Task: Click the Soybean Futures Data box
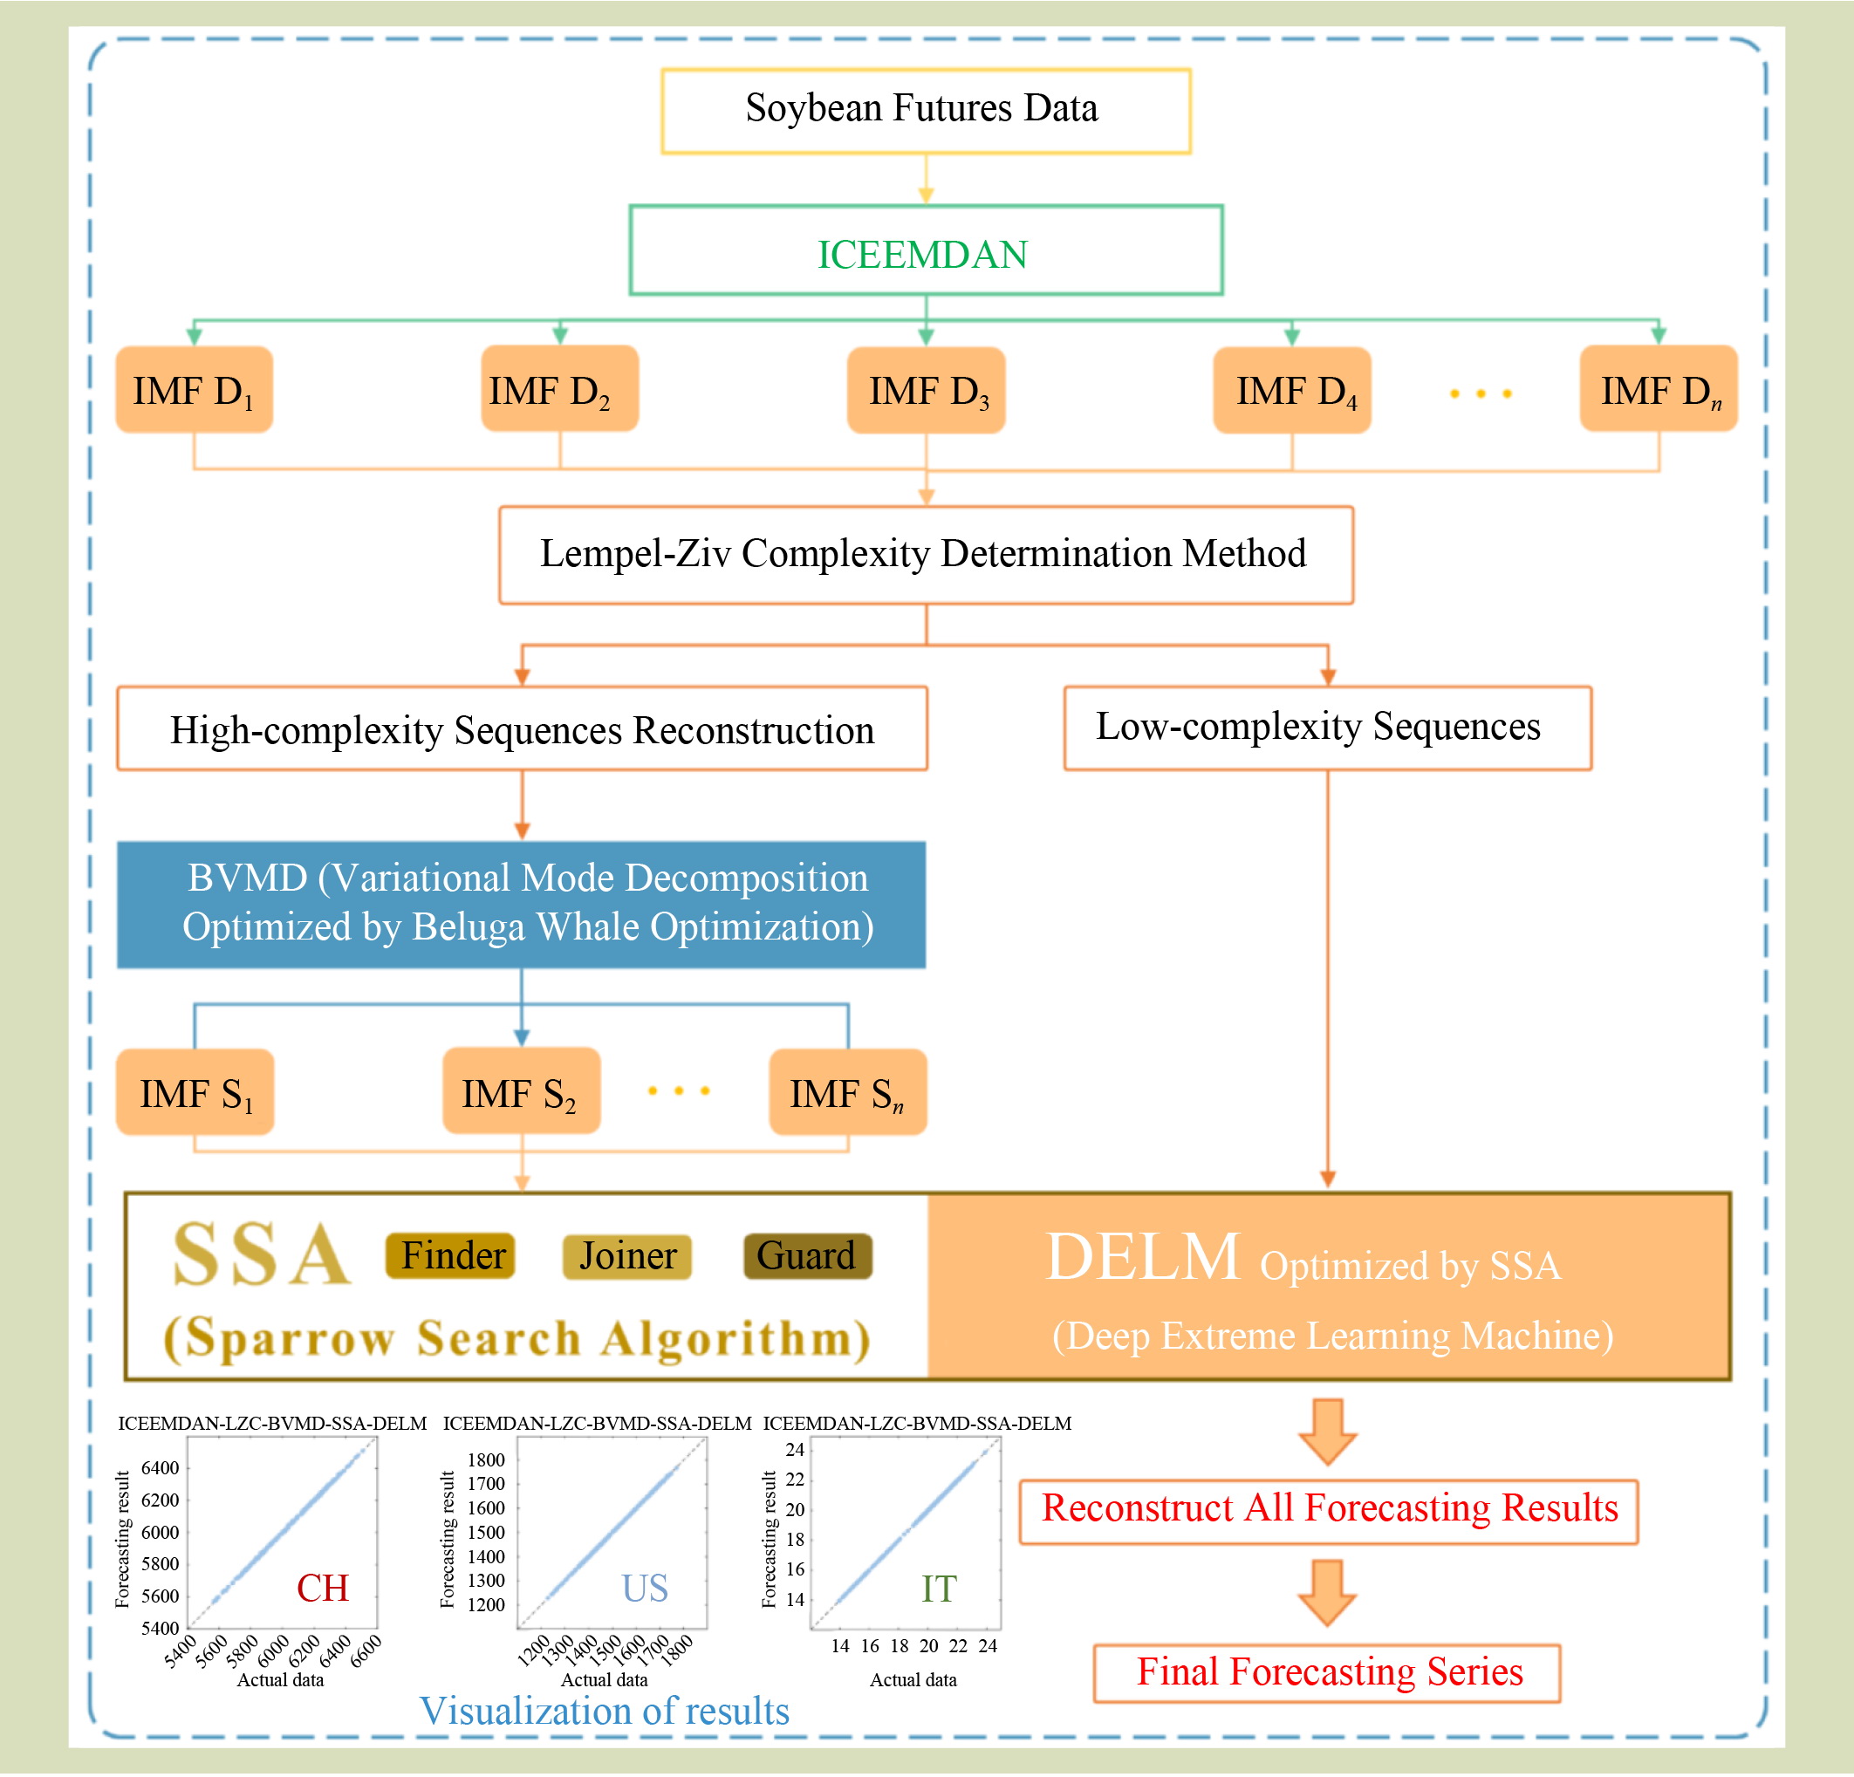point(925,110)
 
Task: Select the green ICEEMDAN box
point(925,250)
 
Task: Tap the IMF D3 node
point(925,390)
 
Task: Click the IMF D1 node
point(194,389)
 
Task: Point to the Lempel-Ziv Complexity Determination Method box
point(925,555)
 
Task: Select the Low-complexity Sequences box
point(1327,728)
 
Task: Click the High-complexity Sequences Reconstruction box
point(521,728)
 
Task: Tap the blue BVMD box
point(521,904)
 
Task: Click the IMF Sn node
point(847,1091)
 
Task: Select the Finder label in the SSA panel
point(450,1256)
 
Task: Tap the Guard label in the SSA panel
point(807,1256)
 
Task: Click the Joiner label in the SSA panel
point(627,1256)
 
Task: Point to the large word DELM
point(1142,1257)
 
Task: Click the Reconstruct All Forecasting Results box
point(1328,1510)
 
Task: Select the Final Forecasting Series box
point(1326,1673)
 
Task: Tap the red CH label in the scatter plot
point(323,1588)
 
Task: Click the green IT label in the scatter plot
point(939,1589)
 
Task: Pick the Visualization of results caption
point(604,1711)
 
